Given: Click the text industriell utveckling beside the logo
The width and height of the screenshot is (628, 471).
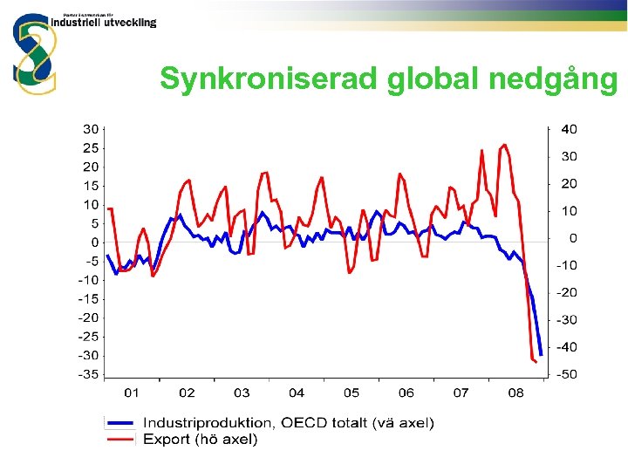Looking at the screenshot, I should click(110, 23).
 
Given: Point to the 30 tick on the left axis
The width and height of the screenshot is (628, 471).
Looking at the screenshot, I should click(90, 129).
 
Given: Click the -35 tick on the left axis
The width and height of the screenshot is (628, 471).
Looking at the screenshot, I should click(87, 374).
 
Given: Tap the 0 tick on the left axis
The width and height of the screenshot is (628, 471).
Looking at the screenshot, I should click(94, 242).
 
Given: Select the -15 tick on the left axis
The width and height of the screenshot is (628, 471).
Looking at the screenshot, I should click(87, 299).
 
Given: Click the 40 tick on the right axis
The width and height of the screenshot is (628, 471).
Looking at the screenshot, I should click(568, 129).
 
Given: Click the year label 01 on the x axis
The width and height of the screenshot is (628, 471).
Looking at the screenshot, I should click(133, 393).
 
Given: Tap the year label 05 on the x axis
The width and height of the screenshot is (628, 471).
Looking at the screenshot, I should click(351, 393).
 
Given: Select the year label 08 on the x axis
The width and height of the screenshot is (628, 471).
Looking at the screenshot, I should click(515, 393).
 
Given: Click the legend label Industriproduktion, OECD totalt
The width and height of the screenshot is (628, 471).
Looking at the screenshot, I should click(288, 423).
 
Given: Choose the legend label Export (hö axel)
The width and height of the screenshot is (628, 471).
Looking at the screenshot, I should click(200, 440).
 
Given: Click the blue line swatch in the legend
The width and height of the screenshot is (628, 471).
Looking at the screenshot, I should click(120, 423).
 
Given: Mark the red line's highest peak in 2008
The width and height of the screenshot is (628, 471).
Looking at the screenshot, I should click(504, 145).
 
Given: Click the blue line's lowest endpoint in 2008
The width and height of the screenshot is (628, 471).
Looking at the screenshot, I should click(541, 354).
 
